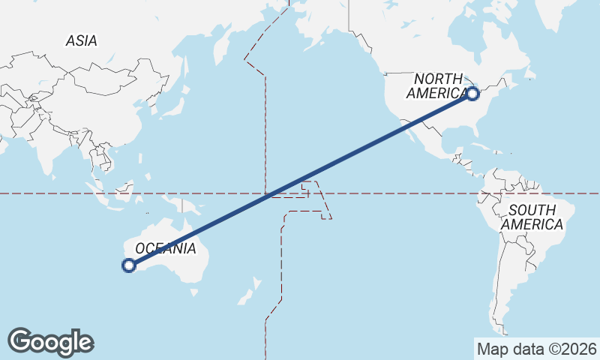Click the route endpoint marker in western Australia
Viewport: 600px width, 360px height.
tap(128, 265)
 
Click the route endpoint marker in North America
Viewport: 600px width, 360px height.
tap(472, 94)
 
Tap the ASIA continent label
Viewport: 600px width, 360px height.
tap(81, 41)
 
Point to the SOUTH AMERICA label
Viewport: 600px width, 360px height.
tap(532, 217)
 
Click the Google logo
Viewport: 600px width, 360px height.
tap(50, 342)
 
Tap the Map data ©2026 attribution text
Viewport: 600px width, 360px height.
tap(536, 349)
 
